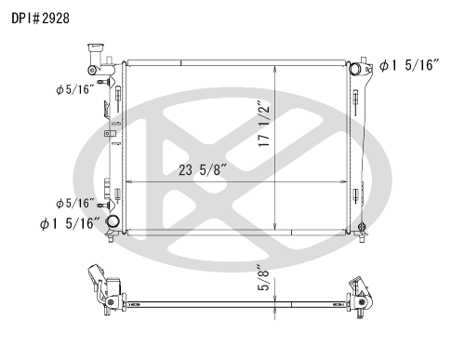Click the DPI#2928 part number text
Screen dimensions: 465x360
click(x=40, y=19)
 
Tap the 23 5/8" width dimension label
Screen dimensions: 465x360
click(x=203, y=170)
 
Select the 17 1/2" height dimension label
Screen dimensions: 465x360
click(x=264, y=124)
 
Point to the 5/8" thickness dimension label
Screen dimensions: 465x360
click(x=263, y=277)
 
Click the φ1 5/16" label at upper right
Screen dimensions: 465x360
click(x=409, y=65)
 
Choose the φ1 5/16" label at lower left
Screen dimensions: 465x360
click(x=70, y=223)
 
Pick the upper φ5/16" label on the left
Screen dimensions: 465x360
click(x=74, y=89)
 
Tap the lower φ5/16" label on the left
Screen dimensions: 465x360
click(x=74, y=204)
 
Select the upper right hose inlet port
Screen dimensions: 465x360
click(x=355, y=68)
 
